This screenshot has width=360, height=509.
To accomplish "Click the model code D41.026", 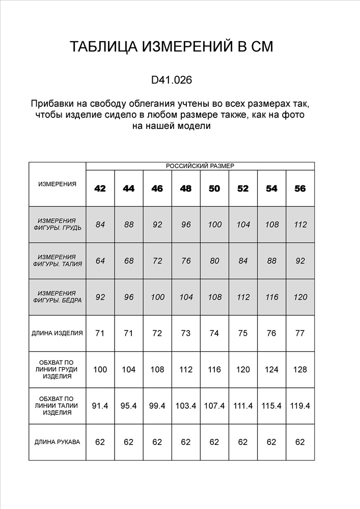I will pyautogui.click(x=172, y=80).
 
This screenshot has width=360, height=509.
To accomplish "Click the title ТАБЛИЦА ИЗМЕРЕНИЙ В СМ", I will pyautogui.click(x=172, y=47).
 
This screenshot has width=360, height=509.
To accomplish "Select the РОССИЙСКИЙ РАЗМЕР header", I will pyautogui.click(x=200, y=166).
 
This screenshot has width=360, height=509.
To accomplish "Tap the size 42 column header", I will pyautogui.click(x=100, y=188).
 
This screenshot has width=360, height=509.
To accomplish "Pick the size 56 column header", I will pyautogui.click(x=300, y=188).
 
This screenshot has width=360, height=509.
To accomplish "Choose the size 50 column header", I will pyautogui.click(x=214, y=188).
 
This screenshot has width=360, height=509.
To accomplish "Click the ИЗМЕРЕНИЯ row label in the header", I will pyautogui.click(x=57, y=184).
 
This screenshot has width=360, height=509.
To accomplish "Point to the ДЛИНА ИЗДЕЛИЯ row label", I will pyautogui.click(x=57, y=333).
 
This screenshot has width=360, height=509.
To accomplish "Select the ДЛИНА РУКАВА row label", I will pyautogui.click(x=57, y=442).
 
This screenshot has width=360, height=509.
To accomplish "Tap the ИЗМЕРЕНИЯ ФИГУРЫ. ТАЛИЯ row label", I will pyautogui.click(x=57, y=261).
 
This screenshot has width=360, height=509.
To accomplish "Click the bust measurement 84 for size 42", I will pyautogui.click(x=100, y=224).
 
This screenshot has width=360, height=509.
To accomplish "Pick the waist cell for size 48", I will pyautogui.click(x=186, y=261).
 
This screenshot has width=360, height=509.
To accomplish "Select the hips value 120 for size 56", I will pyautogui.click(x=300, y=297).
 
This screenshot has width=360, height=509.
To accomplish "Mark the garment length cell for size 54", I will pyautogui.click(x=272, y=333).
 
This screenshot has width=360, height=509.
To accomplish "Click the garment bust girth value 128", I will pyautogui.click(x=300, y=370).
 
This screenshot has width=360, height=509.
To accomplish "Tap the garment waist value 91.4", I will pyautogui.click(x=100, y=406).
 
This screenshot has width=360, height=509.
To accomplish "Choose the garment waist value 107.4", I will pyautogui.click(x=214, y=406).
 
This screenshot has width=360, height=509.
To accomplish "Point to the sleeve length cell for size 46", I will pyautogui.click(x=157, y=442).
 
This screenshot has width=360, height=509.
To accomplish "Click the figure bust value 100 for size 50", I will pyautogui.click(x=214, y=224).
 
